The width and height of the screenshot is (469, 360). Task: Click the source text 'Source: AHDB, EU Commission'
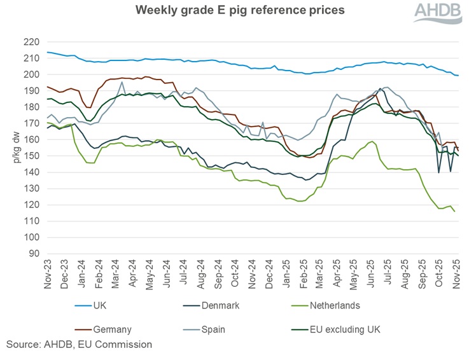point(80,344)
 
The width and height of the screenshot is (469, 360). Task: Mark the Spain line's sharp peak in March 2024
point(121,81)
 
